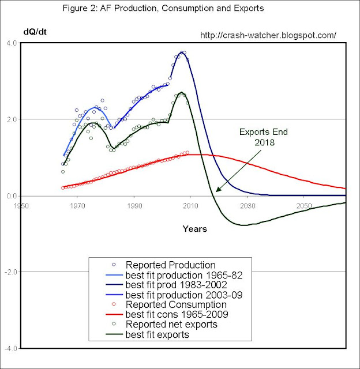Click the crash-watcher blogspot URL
[x=268, y=35]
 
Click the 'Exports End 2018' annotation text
[x=263, y=136]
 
